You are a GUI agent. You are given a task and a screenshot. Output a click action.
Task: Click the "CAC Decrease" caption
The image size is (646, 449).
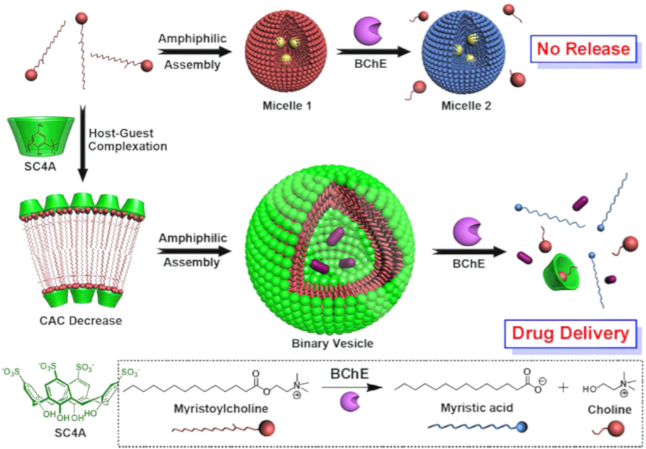click(x=79, y=320)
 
